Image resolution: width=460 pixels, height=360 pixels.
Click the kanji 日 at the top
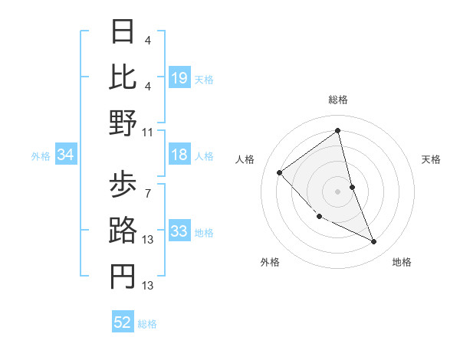pos(123,32)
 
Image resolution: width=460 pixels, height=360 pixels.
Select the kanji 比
pos(123,77)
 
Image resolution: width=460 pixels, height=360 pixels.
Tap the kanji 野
pos(123,123)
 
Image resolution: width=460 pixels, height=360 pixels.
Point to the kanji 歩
pos(123,185)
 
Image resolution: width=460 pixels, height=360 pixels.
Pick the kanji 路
pos(123,231)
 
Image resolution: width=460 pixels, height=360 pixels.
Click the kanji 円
pos(123,277)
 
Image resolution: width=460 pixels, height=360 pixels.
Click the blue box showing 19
pos(179,78)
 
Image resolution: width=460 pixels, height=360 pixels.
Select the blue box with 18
pos(179,155)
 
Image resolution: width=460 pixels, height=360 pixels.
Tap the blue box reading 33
pos(179,232)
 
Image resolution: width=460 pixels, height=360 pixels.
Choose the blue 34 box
pos(66,155)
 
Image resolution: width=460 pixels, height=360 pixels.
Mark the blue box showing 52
pos(123,322)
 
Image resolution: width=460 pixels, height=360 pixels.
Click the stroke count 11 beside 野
pos(148,132)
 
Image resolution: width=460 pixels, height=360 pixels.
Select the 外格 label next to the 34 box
pos(41,156)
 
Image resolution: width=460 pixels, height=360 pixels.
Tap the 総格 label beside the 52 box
pos(147,324)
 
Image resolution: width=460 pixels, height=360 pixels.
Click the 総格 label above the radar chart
pos(337,100)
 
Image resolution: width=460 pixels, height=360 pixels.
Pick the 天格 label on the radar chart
pos(431,159)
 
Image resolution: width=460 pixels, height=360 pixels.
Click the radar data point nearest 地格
pos(374,242)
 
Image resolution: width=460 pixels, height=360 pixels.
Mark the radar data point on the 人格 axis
pos(280,172)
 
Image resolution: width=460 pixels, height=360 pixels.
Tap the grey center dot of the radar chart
pos(337,191)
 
